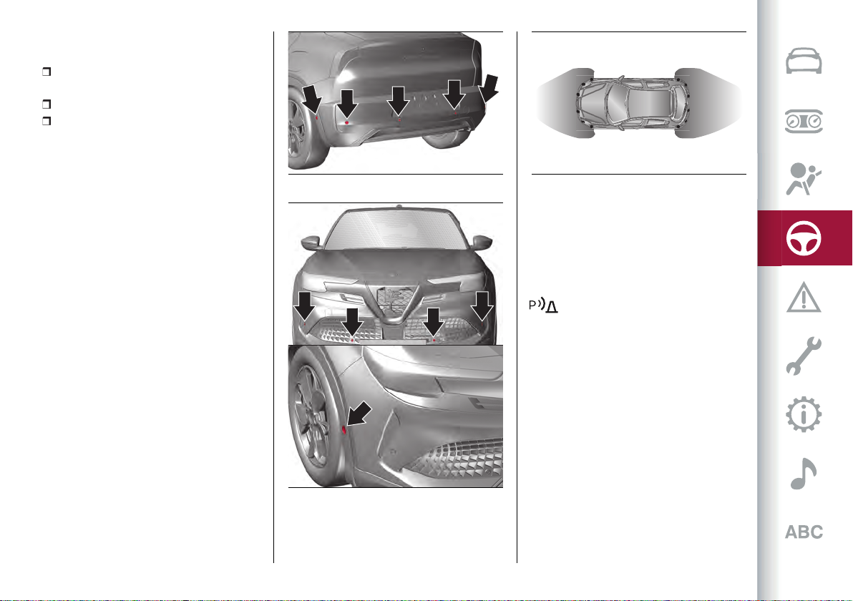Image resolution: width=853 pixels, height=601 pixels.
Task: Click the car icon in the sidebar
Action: (804, 61)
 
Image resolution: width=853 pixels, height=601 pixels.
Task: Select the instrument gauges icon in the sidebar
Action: (804, 122)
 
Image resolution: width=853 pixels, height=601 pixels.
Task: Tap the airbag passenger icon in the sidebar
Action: (803, 179)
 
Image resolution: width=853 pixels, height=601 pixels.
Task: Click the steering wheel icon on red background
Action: (804, 238)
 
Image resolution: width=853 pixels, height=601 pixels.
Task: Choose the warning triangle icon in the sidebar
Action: (804, 297)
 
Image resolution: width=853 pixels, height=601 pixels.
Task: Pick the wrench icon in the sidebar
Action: (804, 356)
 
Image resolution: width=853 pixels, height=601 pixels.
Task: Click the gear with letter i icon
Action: (804, 415)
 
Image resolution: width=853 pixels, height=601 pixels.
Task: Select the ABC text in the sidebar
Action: (804, 532)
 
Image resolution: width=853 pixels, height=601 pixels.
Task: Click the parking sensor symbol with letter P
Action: (543, 306)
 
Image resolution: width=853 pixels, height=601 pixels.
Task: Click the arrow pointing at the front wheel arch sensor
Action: (359, 414)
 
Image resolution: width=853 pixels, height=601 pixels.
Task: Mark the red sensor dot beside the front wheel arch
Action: (344, 430)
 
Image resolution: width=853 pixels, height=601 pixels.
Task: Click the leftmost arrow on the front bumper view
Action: (305, 306)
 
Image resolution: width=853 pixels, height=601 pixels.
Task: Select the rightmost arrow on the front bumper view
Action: (482, 306)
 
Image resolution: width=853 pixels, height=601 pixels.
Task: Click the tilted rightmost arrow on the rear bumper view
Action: (489, 88)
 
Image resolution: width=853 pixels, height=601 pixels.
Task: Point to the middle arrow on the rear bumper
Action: (399, 101)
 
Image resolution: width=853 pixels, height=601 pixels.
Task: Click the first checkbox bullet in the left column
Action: (47, 72)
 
